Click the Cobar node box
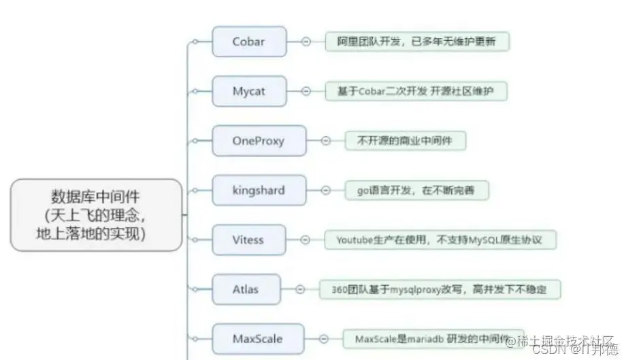pyautogui.click(x=249, y=42)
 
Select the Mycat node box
pyautogui.click(x=249, y=91)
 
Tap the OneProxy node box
pyautogui.click(x=259, y=141)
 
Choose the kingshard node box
pyautogui.click(x=259, y=191)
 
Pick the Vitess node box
pyautogui.click(x=248, y=240)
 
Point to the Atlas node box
pyautogui.click(x=245, y=289)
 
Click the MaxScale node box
pyautogui.click(x=258, y=338)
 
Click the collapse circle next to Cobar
pyautogui.click(x=306, y=42)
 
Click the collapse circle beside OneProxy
pyautogui.click(x=326, y=141)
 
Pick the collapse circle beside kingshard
pyautogui.click(x=326, y=191)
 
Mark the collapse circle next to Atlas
pyautogui.click(x=300, y=289)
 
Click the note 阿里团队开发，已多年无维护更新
pyautogui.click(x=416, y=42)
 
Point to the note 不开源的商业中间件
pyautogui.click(x=406, y=141)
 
